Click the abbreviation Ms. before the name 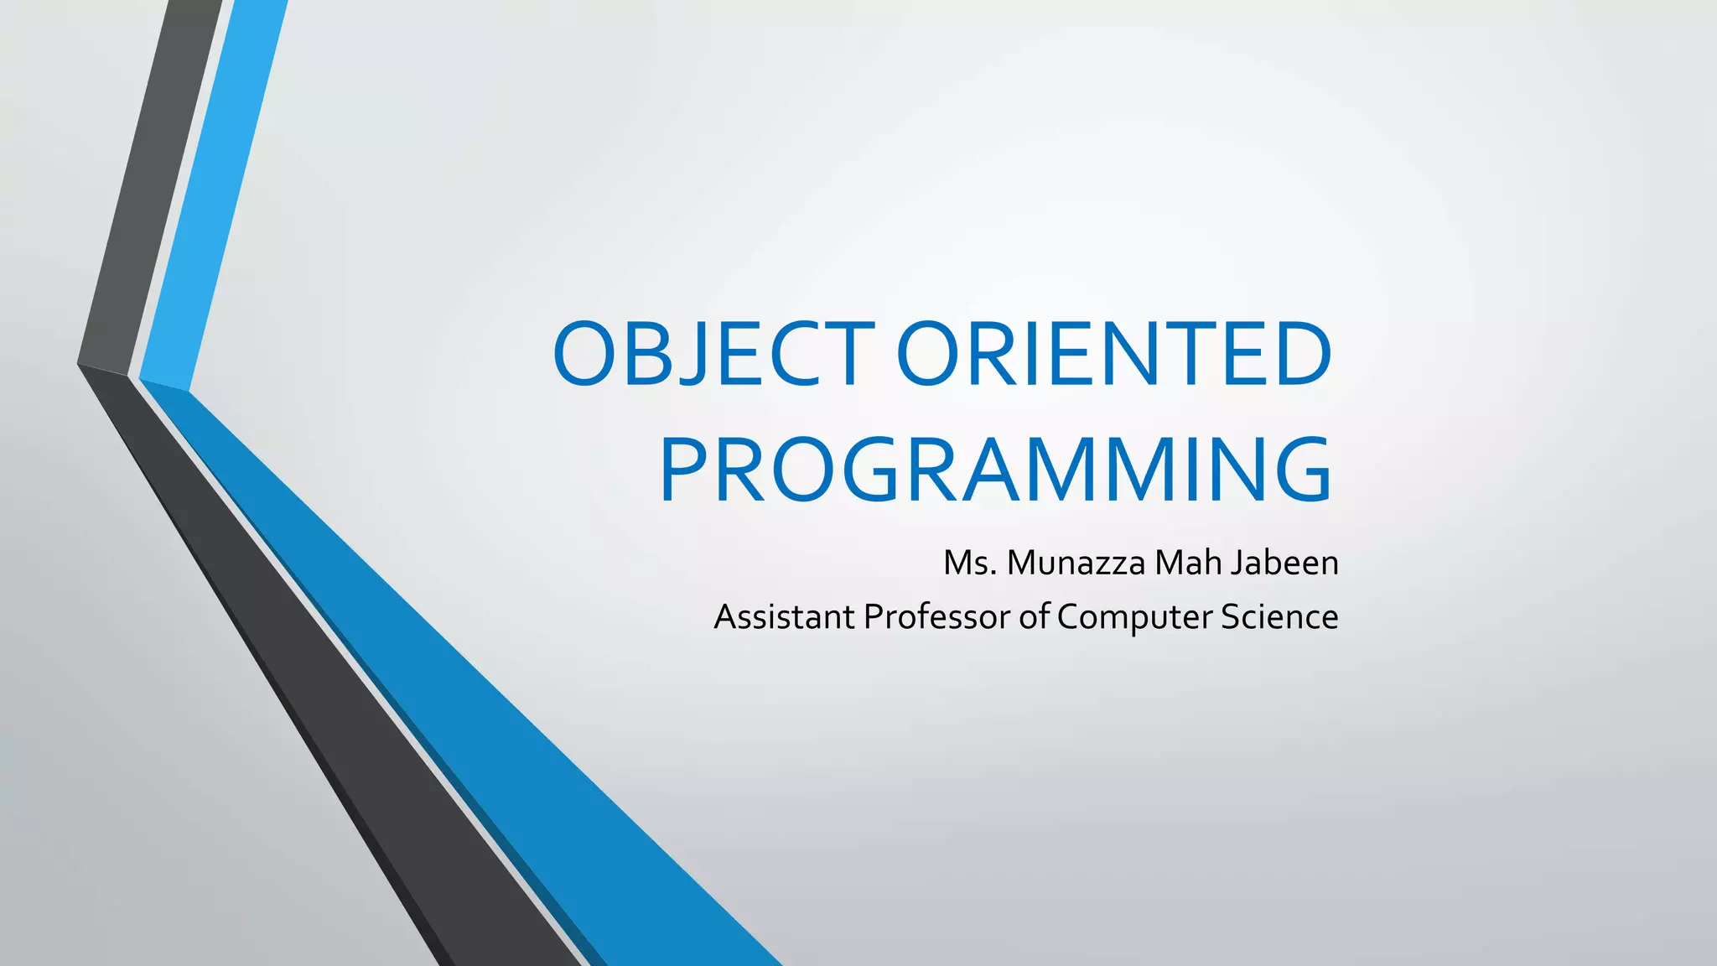click(x=969, y=563)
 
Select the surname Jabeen click(x=1284, y=563)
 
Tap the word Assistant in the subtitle click(x=784, y=617)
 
